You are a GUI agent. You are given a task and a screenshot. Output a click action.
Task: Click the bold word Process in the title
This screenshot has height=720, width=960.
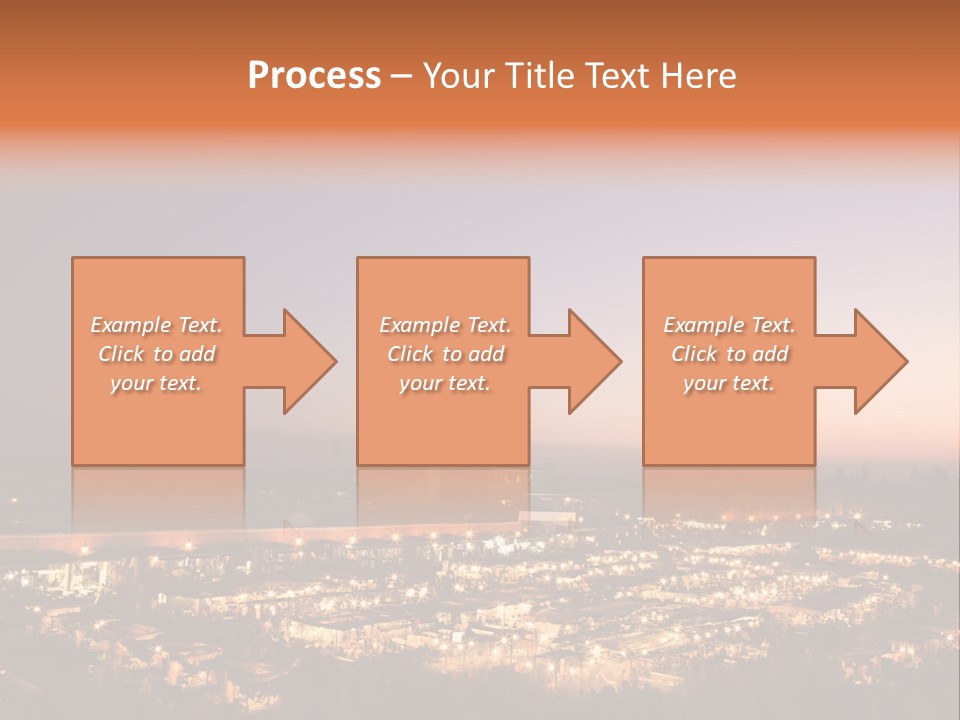[314, 76]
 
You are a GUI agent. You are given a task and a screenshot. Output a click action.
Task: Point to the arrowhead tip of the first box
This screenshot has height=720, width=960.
[337, 361]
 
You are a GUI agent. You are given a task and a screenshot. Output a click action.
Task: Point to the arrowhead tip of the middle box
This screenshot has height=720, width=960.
[622, 361]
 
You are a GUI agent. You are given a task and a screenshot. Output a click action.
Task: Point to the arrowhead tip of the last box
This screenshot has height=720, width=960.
[908, 361]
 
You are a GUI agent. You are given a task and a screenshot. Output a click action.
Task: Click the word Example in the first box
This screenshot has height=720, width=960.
[131, 325]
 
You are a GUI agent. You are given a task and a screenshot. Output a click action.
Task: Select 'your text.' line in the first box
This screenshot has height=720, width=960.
[156, 383]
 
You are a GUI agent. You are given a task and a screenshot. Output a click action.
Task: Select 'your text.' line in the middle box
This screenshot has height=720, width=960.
[444, 383]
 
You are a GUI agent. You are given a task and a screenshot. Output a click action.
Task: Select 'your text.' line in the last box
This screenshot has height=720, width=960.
[729, 383]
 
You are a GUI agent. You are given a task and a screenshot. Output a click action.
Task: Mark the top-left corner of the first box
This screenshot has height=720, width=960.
[73, 258]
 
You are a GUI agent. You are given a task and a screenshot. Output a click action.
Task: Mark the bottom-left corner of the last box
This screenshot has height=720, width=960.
[644, 464]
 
